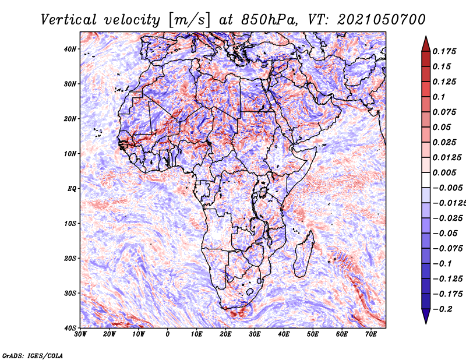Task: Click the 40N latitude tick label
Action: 70,49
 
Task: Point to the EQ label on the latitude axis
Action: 72,189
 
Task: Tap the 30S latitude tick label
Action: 70,294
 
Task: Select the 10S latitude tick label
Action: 70,224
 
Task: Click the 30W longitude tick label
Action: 80,334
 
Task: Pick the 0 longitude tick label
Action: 168,334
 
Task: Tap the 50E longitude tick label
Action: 313,334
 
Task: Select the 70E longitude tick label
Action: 371,334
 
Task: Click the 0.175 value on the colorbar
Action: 444,51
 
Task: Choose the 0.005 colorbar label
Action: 444,172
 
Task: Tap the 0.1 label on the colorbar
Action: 439,97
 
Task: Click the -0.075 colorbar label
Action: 448,249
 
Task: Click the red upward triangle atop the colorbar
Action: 426,44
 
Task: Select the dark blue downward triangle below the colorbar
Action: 426,316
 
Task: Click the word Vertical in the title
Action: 69,20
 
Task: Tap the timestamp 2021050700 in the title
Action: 381,20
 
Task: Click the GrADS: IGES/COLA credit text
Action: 33,355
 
